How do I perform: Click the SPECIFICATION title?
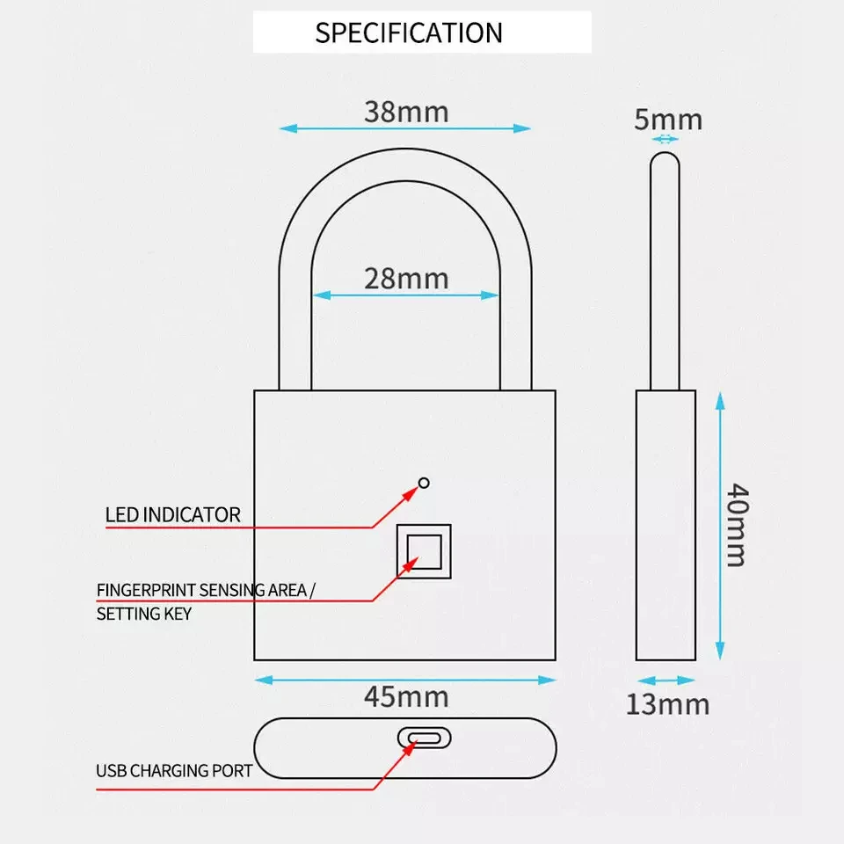[409, 33]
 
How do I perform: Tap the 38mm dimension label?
[405, 112]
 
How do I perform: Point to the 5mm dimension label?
[668, 120]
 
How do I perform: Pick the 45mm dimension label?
[405, 696]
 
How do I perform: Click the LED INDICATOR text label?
[172, 514]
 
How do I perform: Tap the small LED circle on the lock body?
[424, 482]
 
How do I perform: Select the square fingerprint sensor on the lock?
[424, 551]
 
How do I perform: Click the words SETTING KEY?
[143, 613]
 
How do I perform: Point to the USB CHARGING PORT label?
[174, 771]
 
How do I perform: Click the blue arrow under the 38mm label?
[405, 128]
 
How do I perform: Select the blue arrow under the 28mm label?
[406, 295]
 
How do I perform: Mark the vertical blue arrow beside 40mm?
[720, 525]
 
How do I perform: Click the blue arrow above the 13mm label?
[666, 680]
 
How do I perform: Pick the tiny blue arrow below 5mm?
[665, 139]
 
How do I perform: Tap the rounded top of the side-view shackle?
[665, 160]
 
